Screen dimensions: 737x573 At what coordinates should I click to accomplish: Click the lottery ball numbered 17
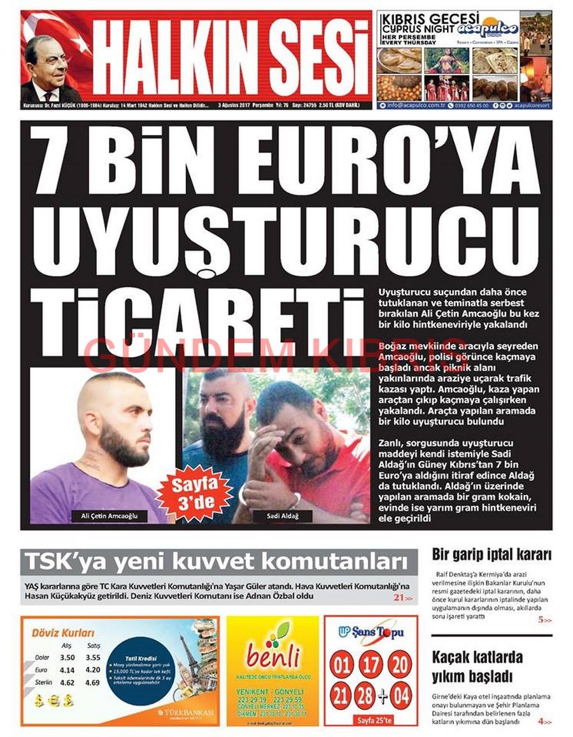(x=370, y=666)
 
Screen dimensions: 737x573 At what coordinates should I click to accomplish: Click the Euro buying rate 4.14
(x=67, y=670)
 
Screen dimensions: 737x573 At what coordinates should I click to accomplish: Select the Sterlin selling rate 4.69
(x=92, y=683)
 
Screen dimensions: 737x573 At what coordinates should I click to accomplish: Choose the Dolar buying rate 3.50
(x=67, y=657)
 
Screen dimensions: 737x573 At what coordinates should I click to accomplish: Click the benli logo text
(x=273, y=654)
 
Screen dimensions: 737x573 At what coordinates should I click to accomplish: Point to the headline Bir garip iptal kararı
(x=492, y=554)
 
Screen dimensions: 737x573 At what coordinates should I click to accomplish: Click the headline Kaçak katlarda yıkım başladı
(x=477, y=666)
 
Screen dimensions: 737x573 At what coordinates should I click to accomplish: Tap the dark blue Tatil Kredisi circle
(x=140, y=670)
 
